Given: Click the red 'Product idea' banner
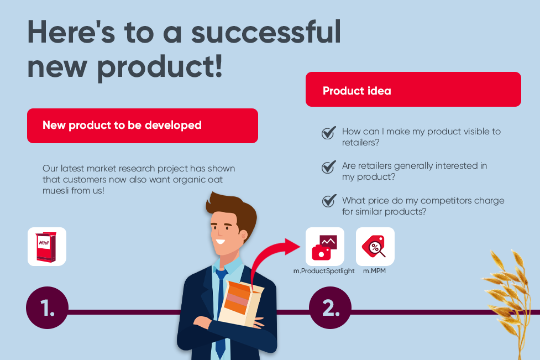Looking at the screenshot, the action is (413, 89).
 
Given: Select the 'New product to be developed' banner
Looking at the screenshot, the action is (143, 126).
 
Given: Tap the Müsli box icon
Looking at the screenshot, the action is (47, 247).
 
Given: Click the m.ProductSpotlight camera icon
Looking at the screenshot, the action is (325, 247).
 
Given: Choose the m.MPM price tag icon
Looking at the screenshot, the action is (375, 247).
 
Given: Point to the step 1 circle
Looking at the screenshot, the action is (47, 307).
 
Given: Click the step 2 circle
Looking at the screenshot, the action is (330, 307).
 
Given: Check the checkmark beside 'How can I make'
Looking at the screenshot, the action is (328, 133).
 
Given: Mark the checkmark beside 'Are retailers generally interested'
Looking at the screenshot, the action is (328, 167).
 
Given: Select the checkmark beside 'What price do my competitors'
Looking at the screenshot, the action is (329, 201).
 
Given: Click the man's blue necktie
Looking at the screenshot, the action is (221, 310).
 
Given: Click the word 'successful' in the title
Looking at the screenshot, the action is (266, 32).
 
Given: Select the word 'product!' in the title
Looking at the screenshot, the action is (160, 67).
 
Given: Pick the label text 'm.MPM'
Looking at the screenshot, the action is (374, 271).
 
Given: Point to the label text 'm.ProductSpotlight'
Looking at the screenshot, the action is (324, 271).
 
